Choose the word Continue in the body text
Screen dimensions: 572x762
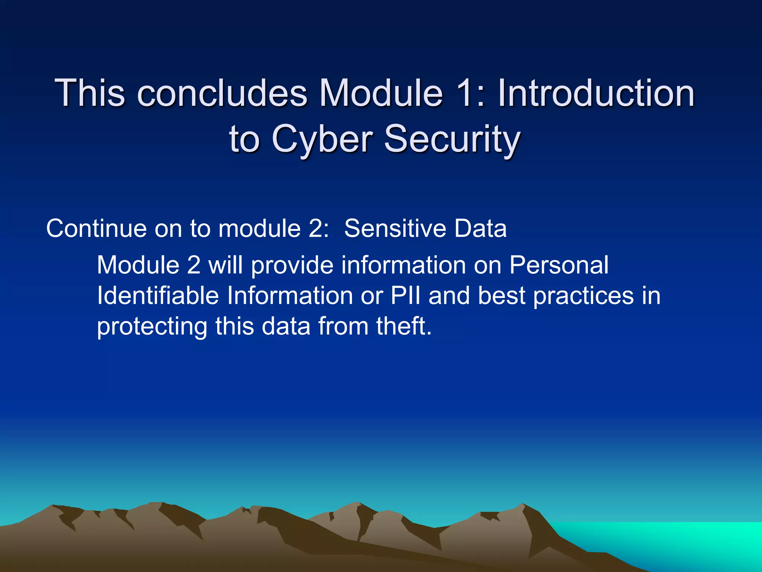(x=96, y=228)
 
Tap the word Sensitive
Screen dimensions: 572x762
(x=395, y=228)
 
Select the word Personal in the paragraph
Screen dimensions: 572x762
(x=558, y=265)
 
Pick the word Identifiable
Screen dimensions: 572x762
(x=158, y=296)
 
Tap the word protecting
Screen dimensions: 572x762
(x=152, y=327)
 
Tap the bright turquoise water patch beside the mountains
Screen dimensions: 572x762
(x=688, y=540)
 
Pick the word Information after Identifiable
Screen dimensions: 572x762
(x=289, y=296)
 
